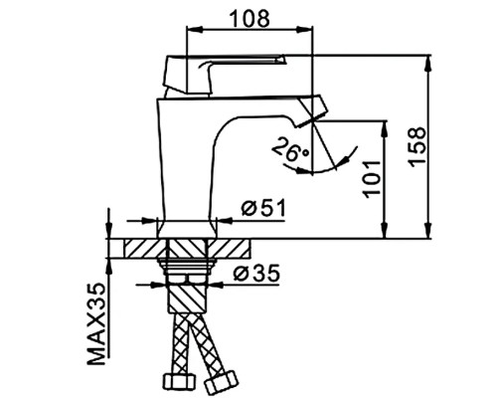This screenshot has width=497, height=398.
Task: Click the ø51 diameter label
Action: (263, 208)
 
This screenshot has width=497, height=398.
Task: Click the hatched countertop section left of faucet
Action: (138, 249)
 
